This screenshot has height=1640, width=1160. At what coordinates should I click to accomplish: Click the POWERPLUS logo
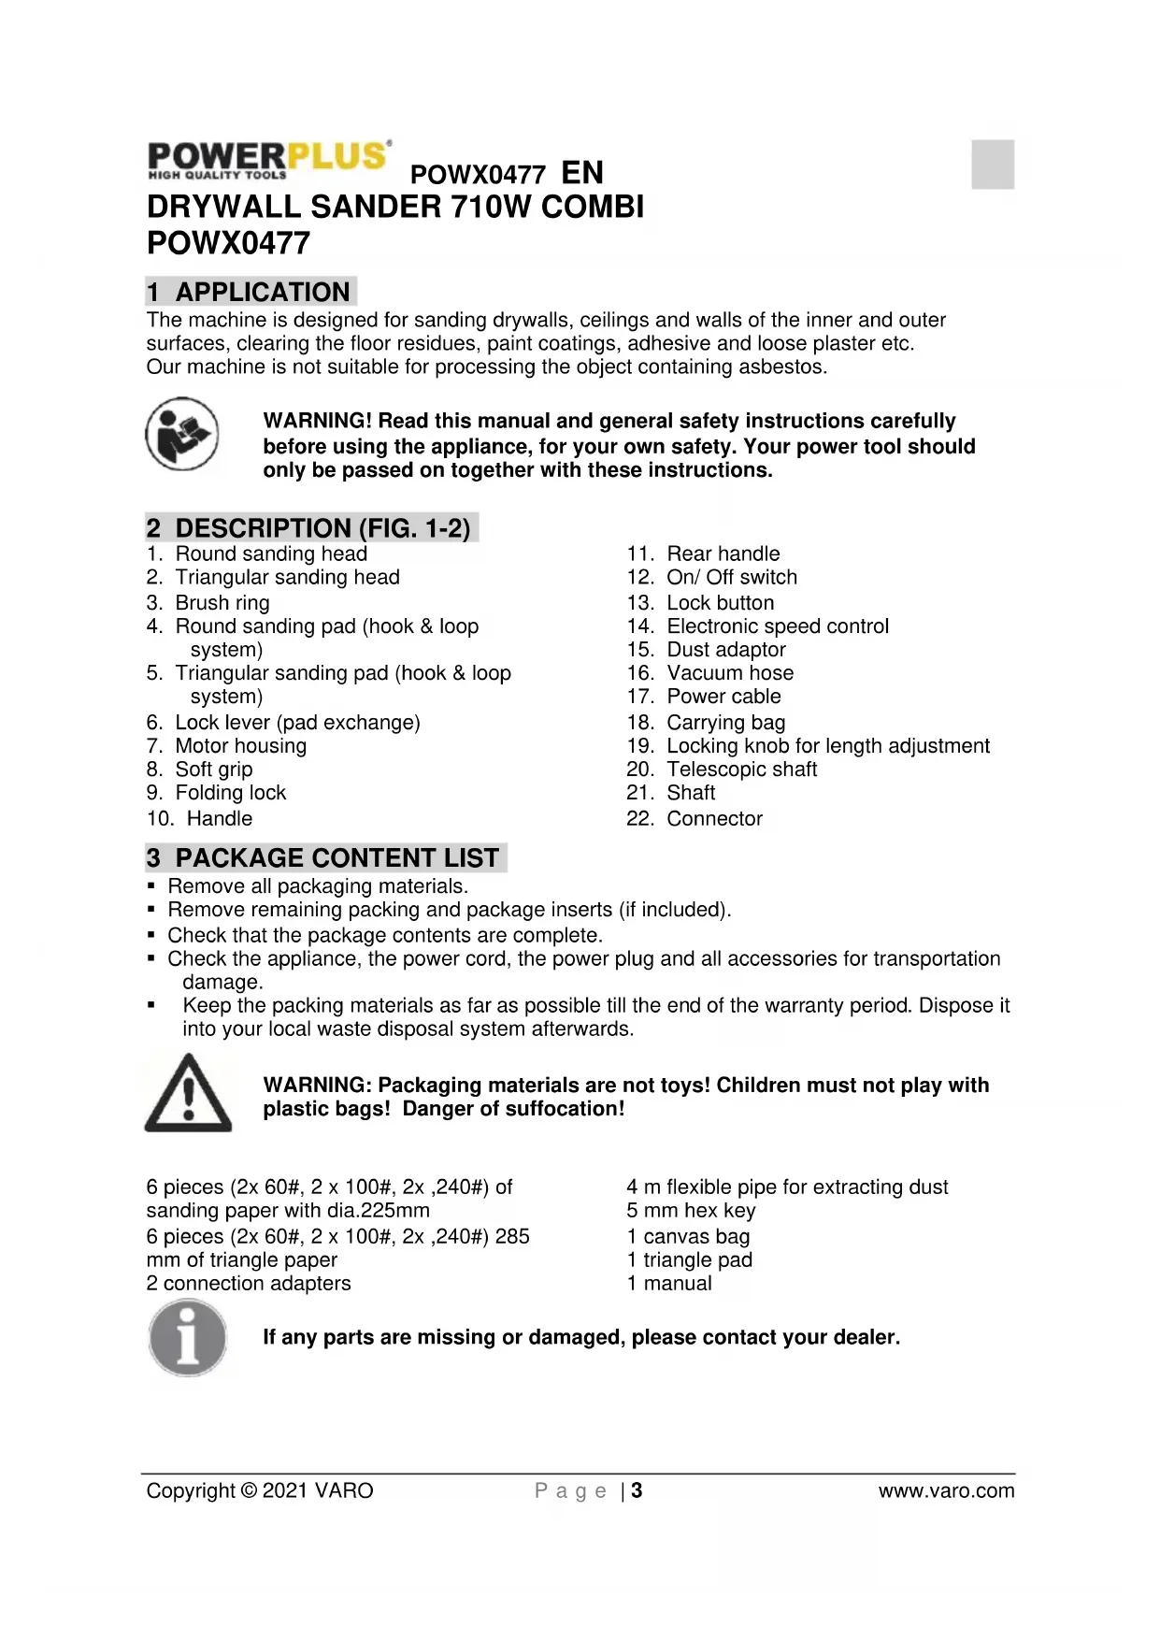(268, 159)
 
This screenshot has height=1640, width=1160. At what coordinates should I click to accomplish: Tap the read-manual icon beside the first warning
(182, 434)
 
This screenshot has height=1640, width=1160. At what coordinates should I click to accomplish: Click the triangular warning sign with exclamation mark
(188, 1094)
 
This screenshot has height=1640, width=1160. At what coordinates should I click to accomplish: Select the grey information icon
(188, 1338)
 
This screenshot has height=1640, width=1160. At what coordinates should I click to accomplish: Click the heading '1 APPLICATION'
(251, 292)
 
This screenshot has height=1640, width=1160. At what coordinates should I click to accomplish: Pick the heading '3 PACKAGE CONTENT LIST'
(325, 857)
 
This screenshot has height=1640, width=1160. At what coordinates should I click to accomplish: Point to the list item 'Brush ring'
(222, 603)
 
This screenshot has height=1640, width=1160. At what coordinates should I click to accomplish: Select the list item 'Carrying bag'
(725, 723)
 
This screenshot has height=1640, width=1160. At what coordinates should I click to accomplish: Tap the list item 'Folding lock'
(230, 793)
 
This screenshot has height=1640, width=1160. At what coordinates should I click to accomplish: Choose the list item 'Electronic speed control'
(777, 626)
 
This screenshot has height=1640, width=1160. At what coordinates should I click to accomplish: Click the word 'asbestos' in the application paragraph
(781, 367)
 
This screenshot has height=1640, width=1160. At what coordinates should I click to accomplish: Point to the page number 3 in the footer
(637, 1491)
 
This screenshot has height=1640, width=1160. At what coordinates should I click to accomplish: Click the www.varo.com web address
(946, 1491)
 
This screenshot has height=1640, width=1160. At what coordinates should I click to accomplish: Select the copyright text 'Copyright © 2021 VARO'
(260, 1491)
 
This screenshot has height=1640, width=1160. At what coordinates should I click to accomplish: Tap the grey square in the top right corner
(993, 164)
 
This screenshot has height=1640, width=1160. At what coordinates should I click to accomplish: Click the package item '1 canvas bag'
(688, 1237)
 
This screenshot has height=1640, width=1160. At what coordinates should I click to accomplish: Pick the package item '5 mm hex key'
(691, 1211)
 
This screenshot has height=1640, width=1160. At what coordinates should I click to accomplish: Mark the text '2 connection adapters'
(249, 1284)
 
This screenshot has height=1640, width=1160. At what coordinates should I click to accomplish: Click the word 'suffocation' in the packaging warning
(562, 1109)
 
